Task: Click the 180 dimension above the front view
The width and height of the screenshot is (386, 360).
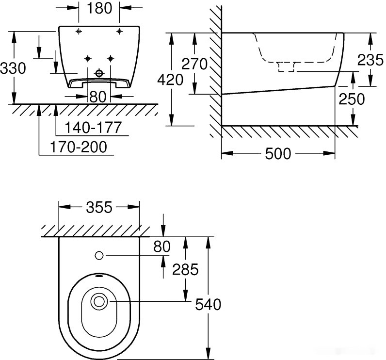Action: [x=99, y=8]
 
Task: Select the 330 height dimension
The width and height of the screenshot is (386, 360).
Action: [x=13, y=68]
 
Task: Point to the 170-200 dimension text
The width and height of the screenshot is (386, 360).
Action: [x=79, y=147]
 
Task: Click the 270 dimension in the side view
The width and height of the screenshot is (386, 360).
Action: [x=194, y=63]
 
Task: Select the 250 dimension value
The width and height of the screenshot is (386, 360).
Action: [x=351, y=98]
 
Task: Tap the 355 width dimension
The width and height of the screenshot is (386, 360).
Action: [x=99, y=208]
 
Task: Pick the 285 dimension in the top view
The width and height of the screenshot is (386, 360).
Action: [x=185, y=269]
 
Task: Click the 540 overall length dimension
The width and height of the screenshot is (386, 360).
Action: [x=208, y=304]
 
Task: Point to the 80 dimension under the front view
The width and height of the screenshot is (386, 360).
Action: [x=98, y=96]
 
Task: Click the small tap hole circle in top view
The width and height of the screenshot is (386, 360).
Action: [x=99, y=255]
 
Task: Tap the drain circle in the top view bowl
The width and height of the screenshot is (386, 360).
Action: [x=99, y=301]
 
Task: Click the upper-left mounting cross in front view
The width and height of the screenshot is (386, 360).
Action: [x=78, y=32]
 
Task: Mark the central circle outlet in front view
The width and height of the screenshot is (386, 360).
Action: [x=99, y=73]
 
